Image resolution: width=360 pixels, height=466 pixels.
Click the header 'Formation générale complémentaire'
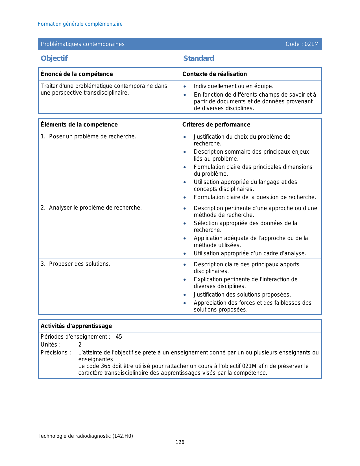click(80, 24)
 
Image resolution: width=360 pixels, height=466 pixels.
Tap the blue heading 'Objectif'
click(54, 58)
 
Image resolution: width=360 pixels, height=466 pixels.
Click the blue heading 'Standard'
click(198, 58)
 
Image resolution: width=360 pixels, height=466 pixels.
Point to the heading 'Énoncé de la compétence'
click(77, 74)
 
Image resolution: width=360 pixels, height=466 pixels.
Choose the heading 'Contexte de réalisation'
click(214, 74)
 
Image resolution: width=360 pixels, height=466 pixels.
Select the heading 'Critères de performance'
click(216, 125)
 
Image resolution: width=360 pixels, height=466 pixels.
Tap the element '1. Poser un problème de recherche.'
click(88, 137)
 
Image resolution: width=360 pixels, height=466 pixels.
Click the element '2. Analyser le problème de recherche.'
click(91, 208)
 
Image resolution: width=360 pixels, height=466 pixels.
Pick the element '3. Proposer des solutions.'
click(75, 264)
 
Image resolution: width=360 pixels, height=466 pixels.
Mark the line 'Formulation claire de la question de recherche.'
click(255, 197)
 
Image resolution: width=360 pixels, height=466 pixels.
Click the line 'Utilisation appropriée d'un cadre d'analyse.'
click(250, 254)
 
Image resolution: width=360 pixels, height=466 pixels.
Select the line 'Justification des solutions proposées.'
click(242, 295)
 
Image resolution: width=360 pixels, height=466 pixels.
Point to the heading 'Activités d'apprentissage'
click(76, 326)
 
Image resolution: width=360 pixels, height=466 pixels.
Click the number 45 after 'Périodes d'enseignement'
click(119, 337)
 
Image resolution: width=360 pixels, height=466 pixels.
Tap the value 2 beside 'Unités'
click(80, 345)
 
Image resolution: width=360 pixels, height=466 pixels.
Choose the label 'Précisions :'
click(56, 352)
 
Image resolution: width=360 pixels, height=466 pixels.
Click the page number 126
click(180, 442)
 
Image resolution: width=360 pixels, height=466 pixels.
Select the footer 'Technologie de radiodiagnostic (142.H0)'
click(85, 436)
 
